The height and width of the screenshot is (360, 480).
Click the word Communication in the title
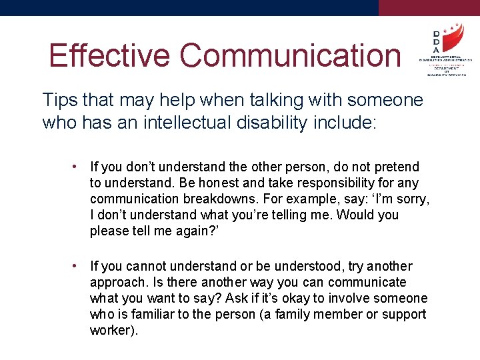tap(291, 56)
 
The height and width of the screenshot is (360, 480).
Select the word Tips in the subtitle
tap(58, 101)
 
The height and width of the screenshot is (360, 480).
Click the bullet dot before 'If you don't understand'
tap(78, 167)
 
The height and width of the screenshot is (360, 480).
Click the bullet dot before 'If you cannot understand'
tap(78, 266)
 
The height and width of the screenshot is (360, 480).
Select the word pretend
tap(395, 167)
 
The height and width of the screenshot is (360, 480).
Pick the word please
tap(109, 231)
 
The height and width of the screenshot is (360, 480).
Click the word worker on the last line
tap(111, 330)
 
